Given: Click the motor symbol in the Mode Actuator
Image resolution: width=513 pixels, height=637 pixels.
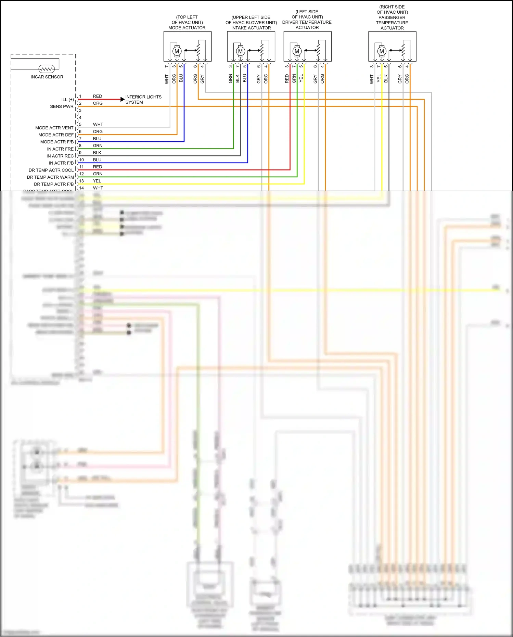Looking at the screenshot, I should coord(177,51).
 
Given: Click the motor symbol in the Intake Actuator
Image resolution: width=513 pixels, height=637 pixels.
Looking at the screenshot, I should coord(240,51).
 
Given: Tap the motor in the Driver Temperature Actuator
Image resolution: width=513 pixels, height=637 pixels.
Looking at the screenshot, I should coord(297,51).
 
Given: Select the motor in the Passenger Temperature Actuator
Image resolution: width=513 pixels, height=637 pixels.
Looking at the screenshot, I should coord(382,51).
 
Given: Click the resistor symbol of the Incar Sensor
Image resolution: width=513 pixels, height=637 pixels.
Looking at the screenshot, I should coord(47,69).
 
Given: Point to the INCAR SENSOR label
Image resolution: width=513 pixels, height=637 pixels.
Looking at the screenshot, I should coord(47,77).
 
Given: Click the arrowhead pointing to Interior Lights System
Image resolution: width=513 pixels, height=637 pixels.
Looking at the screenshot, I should coord(123,99).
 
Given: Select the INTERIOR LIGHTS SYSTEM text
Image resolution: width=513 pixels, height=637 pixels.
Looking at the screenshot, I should coord(143,100).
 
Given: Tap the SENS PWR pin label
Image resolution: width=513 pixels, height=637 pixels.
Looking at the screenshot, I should coord(62,106).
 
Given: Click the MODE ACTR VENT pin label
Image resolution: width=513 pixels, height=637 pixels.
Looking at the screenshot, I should coord(54,128).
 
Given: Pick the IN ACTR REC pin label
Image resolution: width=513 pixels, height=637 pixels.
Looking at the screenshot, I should coord(60,156).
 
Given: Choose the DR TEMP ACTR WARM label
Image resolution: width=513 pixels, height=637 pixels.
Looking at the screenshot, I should coord(50,177).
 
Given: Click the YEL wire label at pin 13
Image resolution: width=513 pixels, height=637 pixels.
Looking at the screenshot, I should coord(97,181).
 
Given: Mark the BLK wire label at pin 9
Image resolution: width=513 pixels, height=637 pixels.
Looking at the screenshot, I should coord(97,153).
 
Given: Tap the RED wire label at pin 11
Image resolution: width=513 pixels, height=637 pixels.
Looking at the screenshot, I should coord(98,167).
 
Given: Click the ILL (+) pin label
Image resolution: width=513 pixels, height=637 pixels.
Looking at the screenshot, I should coord(67,100).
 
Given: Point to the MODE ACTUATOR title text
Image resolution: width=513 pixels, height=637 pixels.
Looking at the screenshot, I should coord(187,28).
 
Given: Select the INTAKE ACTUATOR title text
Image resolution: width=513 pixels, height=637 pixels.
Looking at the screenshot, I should coord(251,28).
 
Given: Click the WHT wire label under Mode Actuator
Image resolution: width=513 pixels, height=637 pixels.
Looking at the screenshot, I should coord(167,79).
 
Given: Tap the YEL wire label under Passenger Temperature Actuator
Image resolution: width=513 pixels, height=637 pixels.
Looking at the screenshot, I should coord(379,78).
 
